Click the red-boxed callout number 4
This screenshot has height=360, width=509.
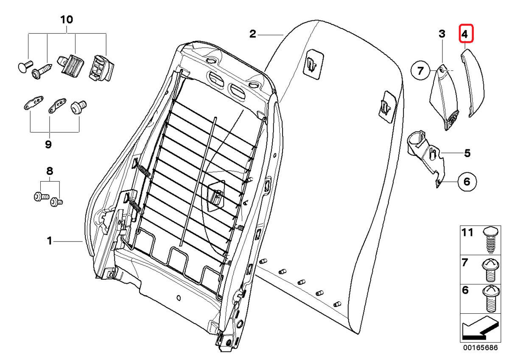pos(465,34)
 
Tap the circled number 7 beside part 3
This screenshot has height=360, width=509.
pos(420,70)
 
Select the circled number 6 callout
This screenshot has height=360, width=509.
pos(467,182)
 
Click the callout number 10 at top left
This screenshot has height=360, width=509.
pos(67,20)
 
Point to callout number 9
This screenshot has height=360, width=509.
pos(48,144)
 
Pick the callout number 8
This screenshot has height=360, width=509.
pos(50,172)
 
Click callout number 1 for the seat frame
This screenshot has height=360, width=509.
pos(50,241)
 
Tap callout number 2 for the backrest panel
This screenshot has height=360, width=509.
pos(253,34)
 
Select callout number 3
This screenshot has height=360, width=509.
pos(442,34)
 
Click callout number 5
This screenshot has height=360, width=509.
pos(467,153)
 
